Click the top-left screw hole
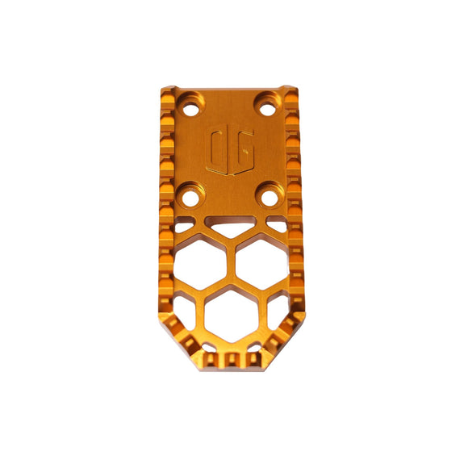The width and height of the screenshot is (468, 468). coord(193,105)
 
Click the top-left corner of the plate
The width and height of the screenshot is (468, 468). coord(166,88)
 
